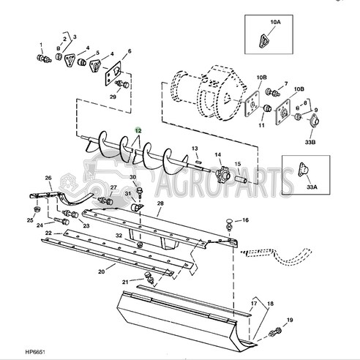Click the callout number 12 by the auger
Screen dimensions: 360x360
tap(138, 129)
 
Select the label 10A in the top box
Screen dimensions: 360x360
tap(274, 23)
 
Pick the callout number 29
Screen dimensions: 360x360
tap(113, 97)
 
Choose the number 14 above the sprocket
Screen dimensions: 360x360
tap(218, 155)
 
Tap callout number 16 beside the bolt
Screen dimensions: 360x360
tap(245, 220)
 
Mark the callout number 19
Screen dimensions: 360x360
tap(289, 320)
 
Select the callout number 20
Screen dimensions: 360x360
tap(102, 271)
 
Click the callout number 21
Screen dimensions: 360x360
tap(125, 282)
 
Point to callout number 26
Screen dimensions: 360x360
tap(48, 178)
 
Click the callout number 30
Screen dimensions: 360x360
tap(132, 178)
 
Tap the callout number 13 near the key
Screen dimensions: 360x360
tap(195, 149)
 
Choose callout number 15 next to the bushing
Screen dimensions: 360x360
tap(237, 164)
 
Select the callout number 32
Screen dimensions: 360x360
tap(119, 235)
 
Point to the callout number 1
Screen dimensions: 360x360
tap(41, 46)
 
